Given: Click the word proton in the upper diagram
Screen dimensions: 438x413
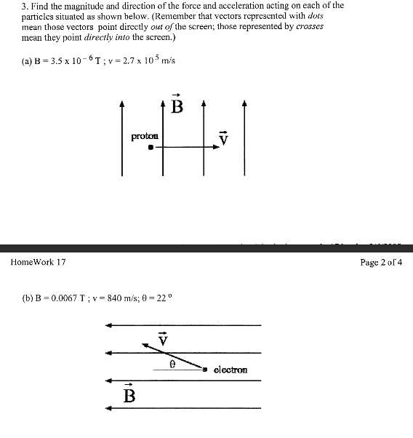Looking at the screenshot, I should pos(144,136).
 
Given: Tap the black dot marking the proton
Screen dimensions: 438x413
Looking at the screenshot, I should pos(151,147).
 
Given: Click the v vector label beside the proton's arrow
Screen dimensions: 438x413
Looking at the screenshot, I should pos(225,138).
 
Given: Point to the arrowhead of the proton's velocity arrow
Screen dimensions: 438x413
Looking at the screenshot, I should pos(216,147).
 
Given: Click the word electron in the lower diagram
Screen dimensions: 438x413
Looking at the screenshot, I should pos(230,370).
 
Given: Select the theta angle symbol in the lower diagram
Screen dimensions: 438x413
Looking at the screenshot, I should pos(172,363).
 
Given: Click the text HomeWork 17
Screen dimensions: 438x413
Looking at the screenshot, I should pos(38,262).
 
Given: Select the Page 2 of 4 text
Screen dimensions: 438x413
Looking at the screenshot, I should pos(381,262).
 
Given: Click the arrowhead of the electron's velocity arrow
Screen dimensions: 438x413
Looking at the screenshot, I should pos(145,346).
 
